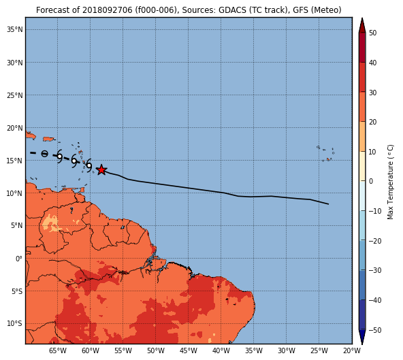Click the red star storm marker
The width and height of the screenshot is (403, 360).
101,170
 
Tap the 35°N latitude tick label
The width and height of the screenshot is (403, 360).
15,30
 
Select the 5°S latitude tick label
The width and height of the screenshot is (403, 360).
17,291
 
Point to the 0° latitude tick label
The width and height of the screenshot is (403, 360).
19,259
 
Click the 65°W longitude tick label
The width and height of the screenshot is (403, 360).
58,350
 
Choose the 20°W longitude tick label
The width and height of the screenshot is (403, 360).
352,350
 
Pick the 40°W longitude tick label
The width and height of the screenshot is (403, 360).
221,350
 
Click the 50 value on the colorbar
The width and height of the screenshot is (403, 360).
372,33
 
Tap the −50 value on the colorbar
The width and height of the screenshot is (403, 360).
375,330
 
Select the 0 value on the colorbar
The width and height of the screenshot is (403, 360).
371,181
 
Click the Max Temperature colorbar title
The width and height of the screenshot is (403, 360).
390,182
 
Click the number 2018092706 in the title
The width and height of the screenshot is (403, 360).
109,10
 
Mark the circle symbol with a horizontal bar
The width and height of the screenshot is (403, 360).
44,154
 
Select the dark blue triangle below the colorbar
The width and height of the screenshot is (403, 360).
362,337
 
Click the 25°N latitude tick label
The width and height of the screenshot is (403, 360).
15,95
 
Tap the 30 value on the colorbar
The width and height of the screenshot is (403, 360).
372,93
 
